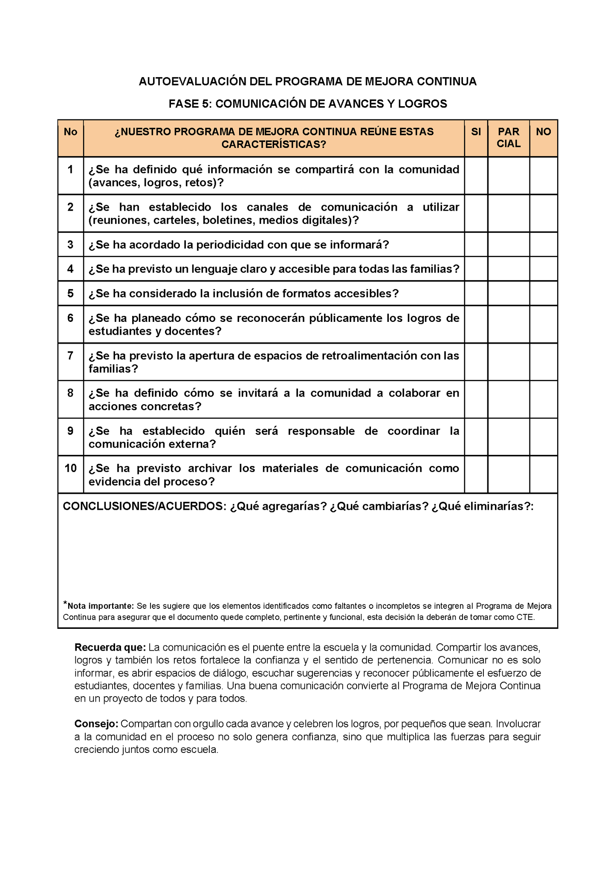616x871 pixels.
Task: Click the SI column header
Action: tap(476, 132)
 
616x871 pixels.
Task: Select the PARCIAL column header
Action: tap(509, 138)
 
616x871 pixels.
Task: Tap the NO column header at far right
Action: tap(543, 132)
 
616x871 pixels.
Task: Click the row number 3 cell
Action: tap(70, 244)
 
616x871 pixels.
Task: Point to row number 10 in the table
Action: tap(70, 468)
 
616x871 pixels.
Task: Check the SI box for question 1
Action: tap(476, 176)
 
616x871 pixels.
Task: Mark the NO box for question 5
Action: tap(543, 293)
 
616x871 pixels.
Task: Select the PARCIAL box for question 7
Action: tap(509, 362)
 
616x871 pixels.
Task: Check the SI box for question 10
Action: tap(476, 475)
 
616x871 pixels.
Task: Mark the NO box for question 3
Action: tap(543, 244)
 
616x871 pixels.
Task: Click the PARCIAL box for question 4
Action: tap(509, 269)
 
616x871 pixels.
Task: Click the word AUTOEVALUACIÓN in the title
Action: tap(192, 81)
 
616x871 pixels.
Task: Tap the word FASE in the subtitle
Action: tap(183, 104)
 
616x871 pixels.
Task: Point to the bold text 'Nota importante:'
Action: tap(101, 606)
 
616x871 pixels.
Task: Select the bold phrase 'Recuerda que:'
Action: tap(110, 647)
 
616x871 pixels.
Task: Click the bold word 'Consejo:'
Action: tap(96, 723)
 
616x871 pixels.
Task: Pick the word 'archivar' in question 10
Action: tap(210, 468)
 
